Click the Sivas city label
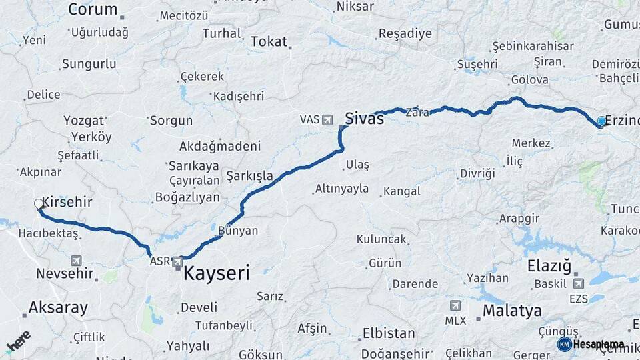click(x=364, y=119)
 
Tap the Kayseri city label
click(x=216, y=273)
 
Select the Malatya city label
click(x=511, y=311)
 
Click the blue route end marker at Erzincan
click(x=601, y=121)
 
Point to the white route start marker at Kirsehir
click(x=39, y=204)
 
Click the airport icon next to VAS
click(x=327, y=120)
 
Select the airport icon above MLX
click(x=455, y=306)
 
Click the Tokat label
click(x=268, y=41)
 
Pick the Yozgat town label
click(x=83, y=121)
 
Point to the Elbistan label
click(x=388, y=333)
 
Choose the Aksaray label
click(x=58, y=307)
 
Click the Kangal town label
click(x=401, y=191)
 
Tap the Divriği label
click(x=477, y=173)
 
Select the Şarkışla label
click(x=249, y=176)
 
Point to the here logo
click(x=18, y=341)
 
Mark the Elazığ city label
click(x=549, y=267)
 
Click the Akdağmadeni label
click(x=219, y=146)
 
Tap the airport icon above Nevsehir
click(x=76, y=261)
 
